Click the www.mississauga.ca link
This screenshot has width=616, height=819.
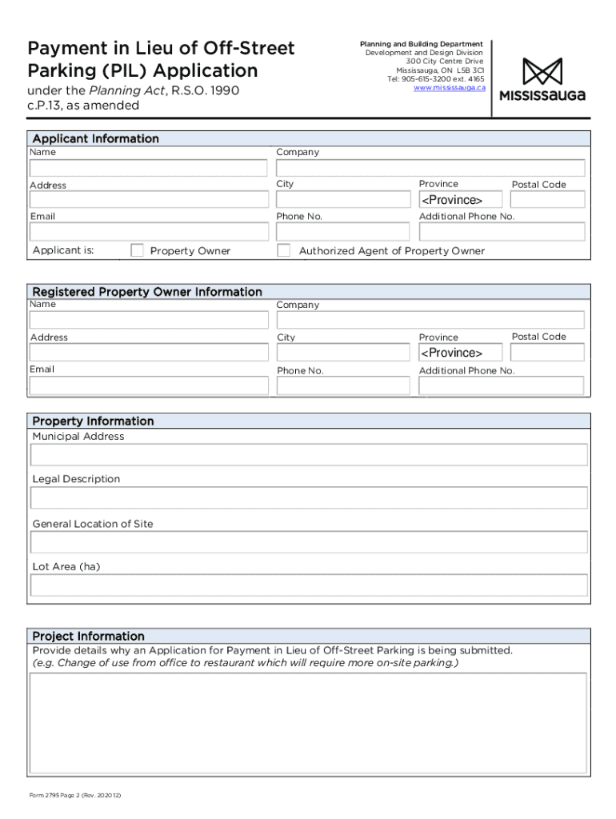click(449, 88)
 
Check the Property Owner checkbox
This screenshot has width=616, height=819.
click(137, 250)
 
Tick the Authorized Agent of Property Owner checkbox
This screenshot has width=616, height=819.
click(283, 250)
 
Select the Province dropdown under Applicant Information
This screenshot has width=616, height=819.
click(460, 200)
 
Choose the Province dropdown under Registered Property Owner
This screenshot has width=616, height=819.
click(460, 353)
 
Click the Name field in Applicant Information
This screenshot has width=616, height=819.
click(149, 168)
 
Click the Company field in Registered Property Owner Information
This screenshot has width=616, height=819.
click(430, 320)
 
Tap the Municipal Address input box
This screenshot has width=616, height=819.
click(309, 455)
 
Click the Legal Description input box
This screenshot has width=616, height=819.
click(309, 497)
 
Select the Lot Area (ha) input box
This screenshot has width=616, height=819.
click(309, 585)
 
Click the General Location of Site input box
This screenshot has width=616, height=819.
click(309, 542)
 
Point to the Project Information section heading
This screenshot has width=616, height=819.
click(88, 636)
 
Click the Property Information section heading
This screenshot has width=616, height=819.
click(93, 421)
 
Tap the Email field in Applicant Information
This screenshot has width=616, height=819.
click(149, 232)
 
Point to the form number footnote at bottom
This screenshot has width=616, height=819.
click(75, 797)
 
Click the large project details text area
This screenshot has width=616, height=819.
click(308, 724)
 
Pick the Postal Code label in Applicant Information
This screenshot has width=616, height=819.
click(538, 185)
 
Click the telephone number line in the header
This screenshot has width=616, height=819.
click(436, 79)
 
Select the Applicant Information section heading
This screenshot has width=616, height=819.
click(95, 138)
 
